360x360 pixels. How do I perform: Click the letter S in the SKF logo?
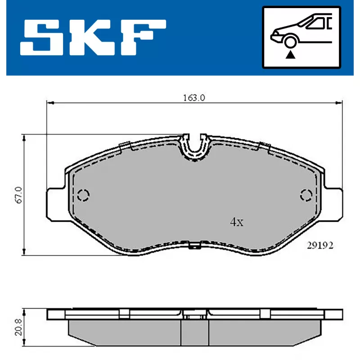point(42,37)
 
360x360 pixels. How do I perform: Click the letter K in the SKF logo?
point(92,37)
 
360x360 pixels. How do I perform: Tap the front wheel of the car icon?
point(290,42)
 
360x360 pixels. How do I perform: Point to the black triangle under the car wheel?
point(290,54)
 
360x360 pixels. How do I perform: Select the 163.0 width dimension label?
point(194,98)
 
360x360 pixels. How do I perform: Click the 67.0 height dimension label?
point(18,195)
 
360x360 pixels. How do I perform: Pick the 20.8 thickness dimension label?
point(18,327)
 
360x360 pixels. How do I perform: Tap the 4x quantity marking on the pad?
point(237,222)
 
